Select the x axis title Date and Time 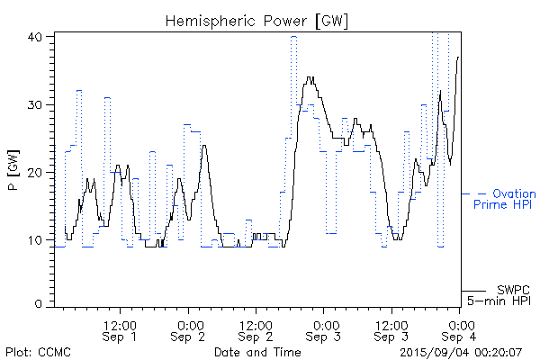(256, 351)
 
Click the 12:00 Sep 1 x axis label (120, 329)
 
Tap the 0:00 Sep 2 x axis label (189, 329)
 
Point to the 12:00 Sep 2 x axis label (256, 329)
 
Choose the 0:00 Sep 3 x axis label (325, 329)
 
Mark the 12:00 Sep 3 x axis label (391, 329)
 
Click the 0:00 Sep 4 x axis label (461, 329)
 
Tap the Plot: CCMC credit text (39, 351)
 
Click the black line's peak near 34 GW (310, 77)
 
